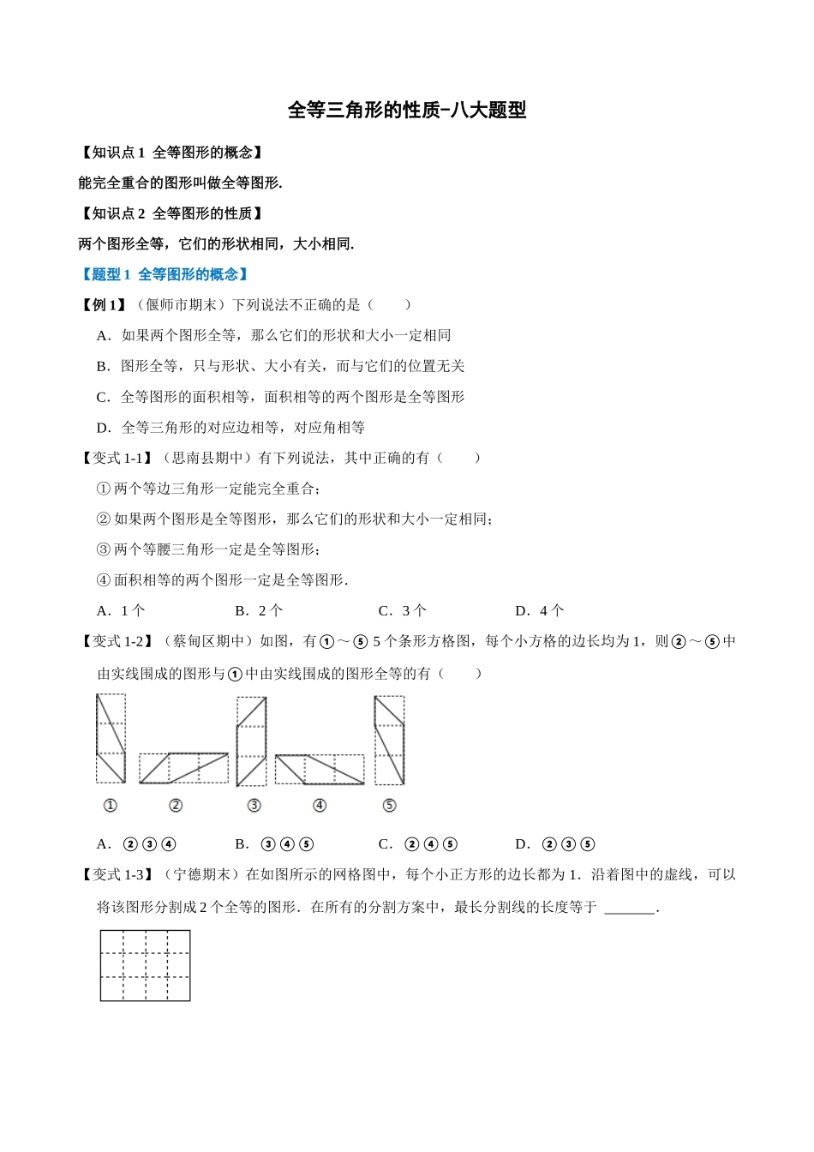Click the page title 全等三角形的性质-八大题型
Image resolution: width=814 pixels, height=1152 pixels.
(406, 110)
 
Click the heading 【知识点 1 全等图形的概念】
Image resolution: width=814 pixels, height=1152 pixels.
(171, 153)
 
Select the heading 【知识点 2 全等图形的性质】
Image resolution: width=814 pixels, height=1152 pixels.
(171, 213)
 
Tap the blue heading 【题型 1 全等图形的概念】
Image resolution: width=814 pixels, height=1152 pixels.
(165, 274)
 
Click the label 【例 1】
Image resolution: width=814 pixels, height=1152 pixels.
(104, 305)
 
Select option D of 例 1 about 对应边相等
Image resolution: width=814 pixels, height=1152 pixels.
(230, 428)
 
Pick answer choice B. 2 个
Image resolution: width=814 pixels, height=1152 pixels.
(259, 611)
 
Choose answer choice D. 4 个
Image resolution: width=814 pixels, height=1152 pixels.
(540, 611)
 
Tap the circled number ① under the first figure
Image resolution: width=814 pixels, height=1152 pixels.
(110, 806)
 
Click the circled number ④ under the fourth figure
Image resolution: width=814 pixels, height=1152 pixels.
(320, 806)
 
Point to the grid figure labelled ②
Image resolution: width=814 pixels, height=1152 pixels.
(183, 768)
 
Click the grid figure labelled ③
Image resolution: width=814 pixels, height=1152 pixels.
(251, 741)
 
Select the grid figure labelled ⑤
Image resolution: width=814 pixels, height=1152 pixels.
(389, 741)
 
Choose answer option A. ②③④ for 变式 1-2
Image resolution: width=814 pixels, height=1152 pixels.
(137, 844)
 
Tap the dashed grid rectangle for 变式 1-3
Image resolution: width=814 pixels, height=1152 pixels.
(145, 966)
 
